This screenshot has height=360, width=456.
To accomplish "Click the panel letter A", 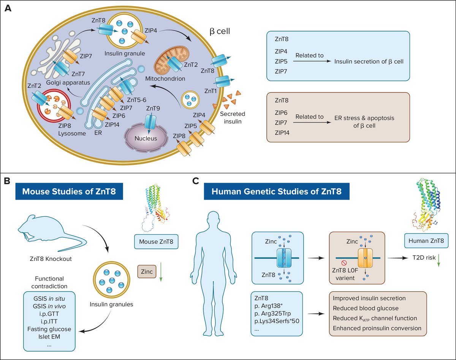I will [8, 8].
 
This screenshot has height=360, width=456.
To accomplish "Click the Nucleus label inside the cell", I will [146, 139].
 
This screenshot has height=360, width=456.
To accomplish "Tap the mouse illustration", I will [49, 234].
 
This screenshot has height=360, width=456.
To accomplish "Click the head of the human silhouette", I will [215, 220].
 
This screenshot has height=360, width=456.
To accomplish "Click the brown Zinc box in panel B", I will [146, 272].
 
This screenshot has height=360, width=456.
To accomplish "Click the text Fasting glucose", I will [49, 329].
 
